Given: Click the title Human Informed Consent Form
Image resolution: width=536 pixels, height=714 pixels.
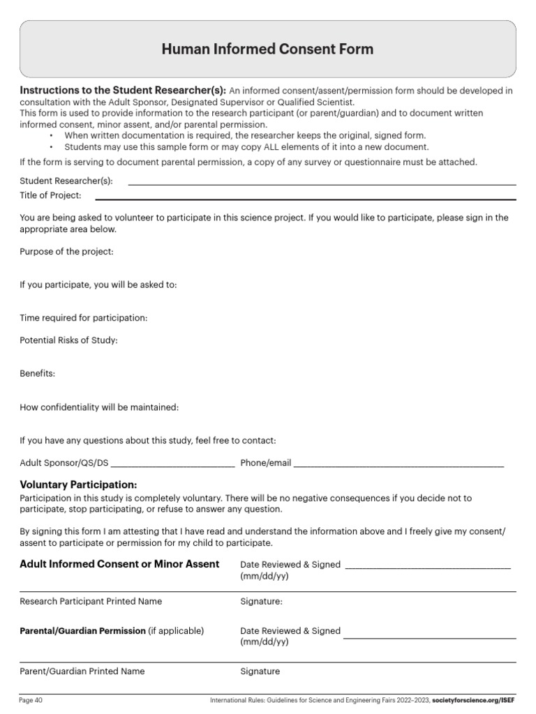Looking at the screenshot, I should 267,50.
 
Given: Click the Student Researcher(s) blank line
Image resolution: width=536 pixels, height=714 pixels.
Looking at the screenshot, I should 322,184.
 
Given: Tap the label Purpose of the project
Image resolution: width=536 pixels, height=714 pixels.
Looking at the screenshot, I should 66,251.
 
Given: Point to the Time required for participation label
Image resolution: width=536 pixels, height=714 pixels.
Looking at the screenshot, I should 84,318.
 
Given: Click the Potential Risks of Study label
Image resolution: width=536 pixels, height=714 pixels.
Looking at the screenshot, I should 68,340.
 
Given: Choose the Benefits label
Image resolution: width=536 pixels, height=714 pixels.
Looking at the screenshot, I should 37,374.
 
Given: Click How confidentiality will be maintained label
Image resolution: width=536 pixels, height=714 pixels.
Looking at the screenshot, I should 99,407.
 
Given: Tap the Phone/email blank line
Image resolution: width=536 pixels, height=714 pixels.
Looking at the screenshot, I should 398,464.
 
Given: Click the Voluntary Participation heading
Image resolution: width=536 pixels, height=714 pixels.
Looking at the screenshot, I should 78,485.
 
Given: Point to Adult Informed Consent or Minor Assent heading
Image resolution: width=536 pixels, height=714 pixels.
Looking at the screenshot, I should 119,564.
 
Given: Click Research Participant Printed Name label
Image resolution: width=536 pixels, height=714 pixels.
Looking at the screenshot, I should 91,601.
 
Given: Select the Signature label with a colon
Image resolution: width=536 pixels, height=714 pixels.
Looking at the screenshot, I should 262,601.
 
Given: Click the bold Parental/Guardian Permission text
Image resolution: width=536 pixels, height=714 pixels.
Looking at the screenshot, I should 82,630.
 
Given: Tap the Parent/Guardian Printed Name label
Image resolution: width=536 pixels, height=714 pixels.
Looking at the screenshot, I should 82,671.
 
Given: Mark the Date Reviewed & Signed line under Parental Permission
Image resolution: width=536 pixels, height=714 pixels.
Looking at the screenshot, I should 429,637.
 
